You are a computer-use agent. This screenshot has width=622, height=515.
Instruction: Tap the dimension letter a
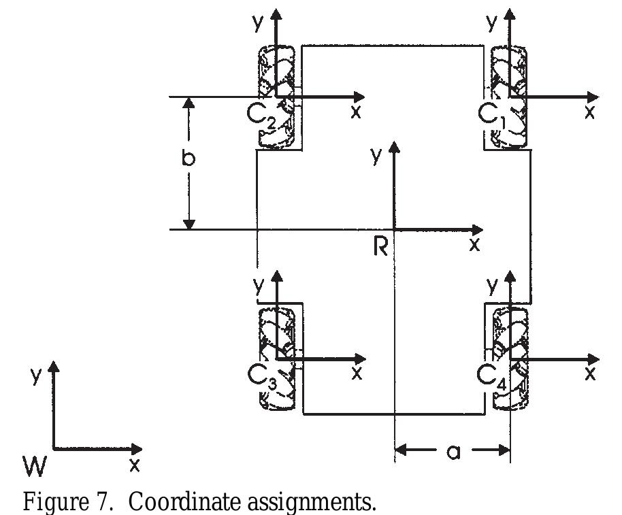pos(453,451)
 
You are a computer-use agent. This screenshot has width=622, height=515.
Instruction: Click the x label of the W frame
pos(134,465)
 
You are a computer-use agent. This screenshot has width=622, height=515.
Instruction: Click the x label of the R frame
pos(474,244)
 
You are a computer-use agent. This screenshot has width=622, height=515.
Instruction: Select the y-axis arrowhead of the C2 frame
pos(276,14)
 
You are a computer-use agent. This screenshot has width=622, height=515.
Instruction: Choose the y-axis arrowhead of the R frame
pos(393,148)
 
